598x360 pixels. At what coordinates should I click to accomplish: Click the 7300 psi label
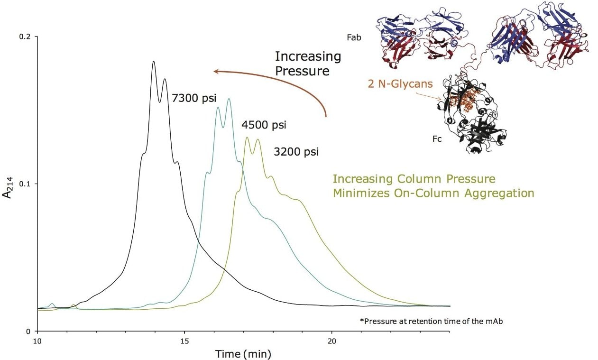[193, 99]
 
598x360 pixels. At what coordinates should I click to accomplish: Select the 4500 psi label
[264, 126]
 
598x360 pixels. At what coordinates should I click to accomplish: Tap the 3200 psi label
[296, 152]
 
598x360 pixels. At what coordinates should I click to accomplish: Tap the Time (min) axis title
[243, 353]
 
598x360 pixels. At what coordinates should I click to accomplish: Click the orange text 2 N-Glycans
[400, 84]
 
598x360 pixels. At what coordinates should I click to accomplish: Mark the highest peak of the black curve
[154, 61]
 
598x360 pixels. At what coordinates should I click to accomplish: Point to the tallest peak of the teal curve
[229, 99]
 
